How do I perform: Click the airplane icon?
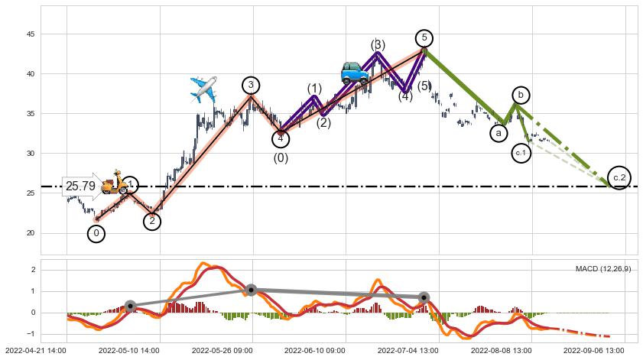coord(203,89)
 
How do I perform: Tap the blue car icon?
coord(354,73)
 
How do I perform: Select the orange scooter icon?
coord(115,182)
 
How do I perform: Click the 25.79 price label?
coord(81,186)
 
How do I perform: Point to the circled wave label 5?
coord(424,38)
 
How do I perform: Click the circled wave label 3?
coord(250,85)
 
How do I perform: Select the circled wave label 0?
coord(96,233)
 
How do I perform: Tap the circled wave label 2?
coord(152,221)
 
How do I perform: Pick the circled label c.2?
coord(619,177)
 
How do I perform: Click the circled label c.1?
coord(521,153)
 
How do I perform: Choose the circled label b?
coord(521,95)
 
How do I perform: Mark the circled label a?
coord(498,133)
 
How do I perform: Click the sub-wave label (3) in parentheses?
coord(378,45)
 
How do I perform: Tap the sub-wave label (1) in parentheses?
coord(314,89)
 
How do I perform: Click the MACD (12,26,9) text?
coord(602,269)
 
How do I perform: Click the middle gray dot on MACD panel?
coord(251,290)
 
